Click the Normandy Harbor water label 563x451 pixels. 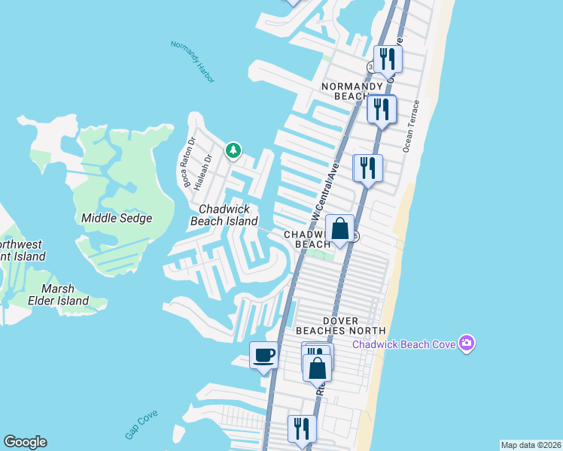(x=193, y=56)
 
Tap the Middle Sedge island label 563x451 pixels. (x=117, y=218)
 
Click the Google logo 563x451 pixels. (x=25, y=442)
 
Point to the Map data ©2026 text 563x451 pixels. (x=531, y=445)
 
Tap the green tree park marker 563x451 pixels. (x=233, y=151)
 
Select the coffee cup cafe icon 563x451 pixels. (x=263, y=355)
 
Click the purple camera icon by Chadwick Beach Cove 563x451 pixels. (x=467, y=344)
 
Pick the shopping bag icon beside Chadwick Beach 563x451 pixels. (x=339, y=228)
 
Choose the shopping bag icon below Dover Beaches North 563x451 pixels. (x=318, y=368)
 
